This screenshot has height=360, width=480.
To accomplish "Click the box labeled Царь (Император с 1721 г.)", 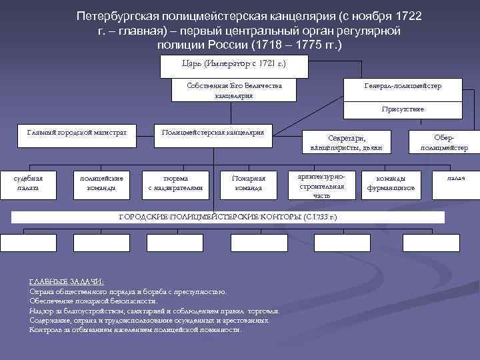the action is [234, 66].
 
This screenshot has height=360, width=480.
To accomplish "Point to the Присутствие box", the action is [402, 109].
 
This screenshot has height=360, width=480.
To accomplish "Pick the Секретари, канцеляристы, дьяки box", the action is [346, 142].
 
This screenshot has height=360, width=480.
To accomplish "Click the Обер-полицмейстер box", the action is [444, 142].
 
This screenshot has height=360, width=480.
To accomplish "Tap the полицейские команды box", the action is [101, 183].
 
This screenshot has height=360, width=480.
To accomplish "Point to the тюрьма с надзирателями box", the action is [175, 183].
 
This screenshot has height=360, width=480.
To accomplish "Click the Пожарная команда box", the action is [249, 183].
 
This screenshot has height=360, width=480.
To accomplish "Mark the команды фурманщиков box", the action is [391, 183].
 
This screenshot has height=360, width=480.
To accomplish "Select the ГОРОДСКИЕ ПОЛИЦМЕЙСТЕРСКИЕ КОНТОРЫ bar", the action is [227, 217].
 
